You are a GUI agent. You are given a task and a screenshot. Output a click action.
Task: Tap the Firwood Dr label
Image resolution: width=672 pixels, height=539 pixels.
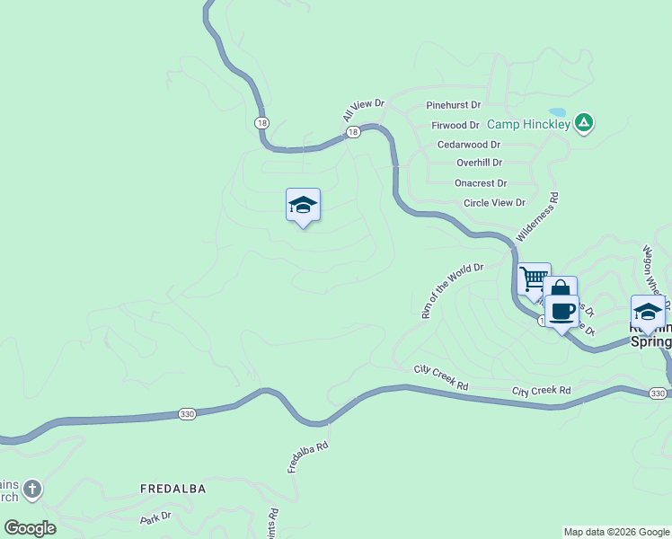[x=455, y=125]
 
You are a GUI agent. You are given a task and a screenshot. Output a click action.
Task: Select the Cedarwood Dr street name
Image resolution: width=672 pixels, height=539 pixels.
[x=469, y=144]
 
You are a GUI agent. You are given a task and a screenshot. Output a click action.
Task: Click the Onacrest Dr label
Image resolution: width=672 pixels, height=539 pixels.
[x=481, y=182]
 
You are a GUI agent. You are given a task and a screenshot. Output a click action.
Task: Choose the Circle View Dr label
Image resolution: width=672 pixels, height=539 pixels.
[x=494, y=203]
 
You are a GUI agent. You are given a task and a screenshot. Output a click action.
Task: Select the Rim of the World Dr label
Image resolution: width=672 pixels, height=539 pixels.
[x=452, y=290]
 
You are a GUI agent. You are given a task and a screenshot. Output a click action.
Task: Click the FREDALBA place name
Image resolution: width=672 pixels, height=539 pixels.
[x=173, y=489]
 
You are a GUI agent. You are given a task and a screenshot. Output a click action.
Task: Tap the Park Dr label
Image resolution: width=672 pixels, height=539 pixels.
[x=155, y=518]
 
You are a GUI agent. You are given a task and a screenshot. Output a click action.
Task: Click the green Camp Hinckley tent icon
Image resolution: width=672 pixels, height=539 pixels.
[x=584, y=122]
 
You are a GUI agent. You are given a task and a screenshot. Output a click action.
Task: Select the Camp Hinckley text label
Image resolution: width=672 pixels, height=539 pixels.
[x=528, y=125]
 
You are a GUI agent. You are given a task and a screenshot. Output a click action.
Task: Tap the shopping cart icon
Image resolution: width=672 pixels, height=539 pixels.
[x=534, y=278]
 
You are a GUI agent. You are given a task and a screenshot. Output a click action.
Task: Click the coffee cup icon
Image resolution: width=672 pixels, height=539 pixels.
[x=562, y=311]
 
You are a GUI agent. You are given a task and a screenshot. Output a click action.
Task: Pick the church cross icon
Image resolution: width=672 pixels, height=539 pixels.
[x=31, y=490]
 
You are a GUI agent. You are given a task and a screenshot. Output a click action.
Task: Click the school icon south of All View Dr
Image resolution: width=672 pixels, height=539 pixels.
[x=303, y=206]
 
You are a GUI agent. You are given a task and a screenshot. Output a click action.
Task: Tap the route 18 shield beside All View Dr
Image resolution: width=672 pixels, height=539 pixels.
[x=353, y=132]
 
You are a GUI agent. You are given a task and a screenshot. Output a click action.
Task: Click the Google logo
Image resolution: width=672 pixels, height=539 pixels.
[x=31, y=528]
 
